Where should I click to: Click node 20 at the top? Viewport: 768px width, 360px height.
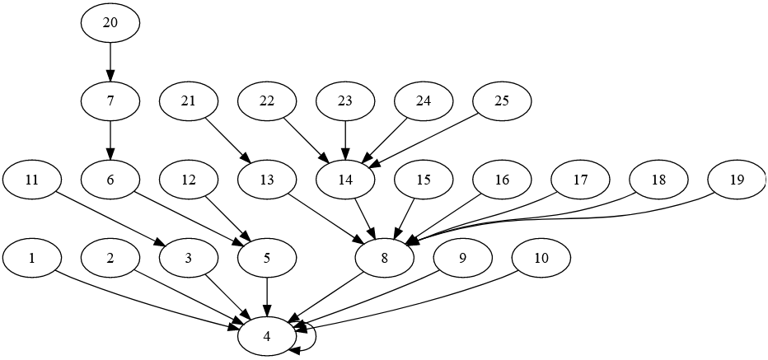pyautogui.click(x=110, y=23)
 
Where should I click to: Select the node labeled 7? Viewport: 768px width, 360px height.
pyautogui.click(x=110, y=101)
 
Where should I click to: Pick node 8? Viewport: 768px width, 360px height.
pyautogui.click(x=384, y=258)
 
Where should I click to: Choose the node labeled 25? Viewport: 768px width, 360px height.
pyautogui.click(x=502, y=101)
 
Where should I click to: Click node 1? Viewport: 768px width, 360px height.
pyautogui.click(x=32, y=258)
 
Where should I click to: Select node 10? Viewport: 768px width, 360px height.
pyautogui.click(x=541, y=258)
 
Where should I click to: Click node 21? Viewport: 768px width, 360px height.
pyautogui.click(x=189, y=101)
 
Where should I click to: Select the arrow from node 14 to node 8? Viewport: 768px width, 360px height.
pyautogui.click(x=364, y=218)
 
